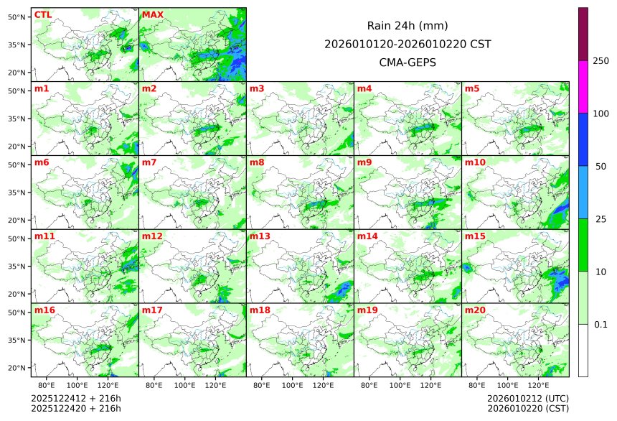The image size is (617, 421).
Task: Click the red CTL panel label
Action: pos(42,14)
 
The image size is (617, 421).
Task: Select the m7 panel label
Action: pos(150,162)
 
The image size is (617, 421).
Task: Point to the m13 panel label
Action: pos(260,236)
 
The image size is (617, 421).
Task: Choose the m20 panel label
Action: pos(476,310)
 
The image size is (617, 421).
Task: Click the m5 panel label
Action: pos(473,88)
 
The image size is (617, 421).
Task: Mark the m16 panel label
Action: pos(44,310)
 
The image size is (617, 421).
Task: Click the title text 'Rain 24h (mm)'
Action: pos(408,25)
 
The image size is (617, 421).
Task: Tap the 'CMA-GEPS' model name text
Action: pos(408,63)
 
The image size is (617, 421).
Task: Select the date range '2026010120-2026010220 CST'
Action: pos(408,44)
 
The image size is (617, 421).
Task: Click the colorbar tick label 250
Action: pos(600,60)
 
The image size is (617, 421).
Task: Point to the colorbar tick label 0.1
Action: pos(600,324)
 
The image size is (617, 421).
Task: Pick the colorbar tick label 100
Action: pos(600,114)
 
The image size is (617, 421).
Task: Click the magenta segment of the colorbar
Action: pos(583,86)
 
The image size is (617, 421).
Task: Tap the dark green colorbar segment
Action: pos(583,244)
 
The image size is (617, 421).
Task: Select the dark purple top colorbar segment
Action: pos(583,34)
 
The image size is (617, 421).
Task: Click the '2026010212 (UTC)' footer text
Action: pos(528,398)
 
